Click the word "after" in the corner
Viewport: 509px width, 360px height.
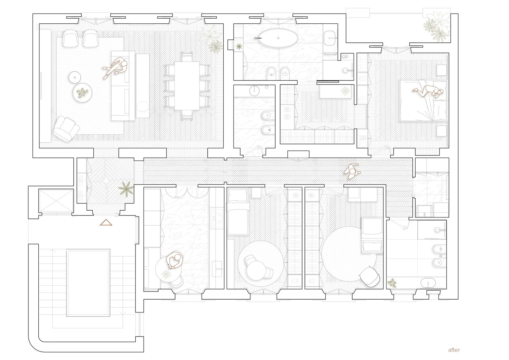tap(454, 350)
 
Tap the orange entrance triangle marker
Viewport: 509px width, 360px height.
tap(106, 223)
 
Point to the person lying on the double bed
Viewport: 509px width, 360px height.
tap(428, 91)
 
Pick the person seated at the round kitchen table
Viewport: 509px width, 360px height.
tap(174, 261)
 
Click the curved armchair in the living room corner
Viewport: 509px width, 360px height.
tap(66, 128)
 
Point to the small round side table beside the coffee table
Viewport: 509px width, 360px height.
tap(74, 77)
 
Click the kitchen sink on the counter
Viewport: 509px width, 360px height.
tap(216, 268)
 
